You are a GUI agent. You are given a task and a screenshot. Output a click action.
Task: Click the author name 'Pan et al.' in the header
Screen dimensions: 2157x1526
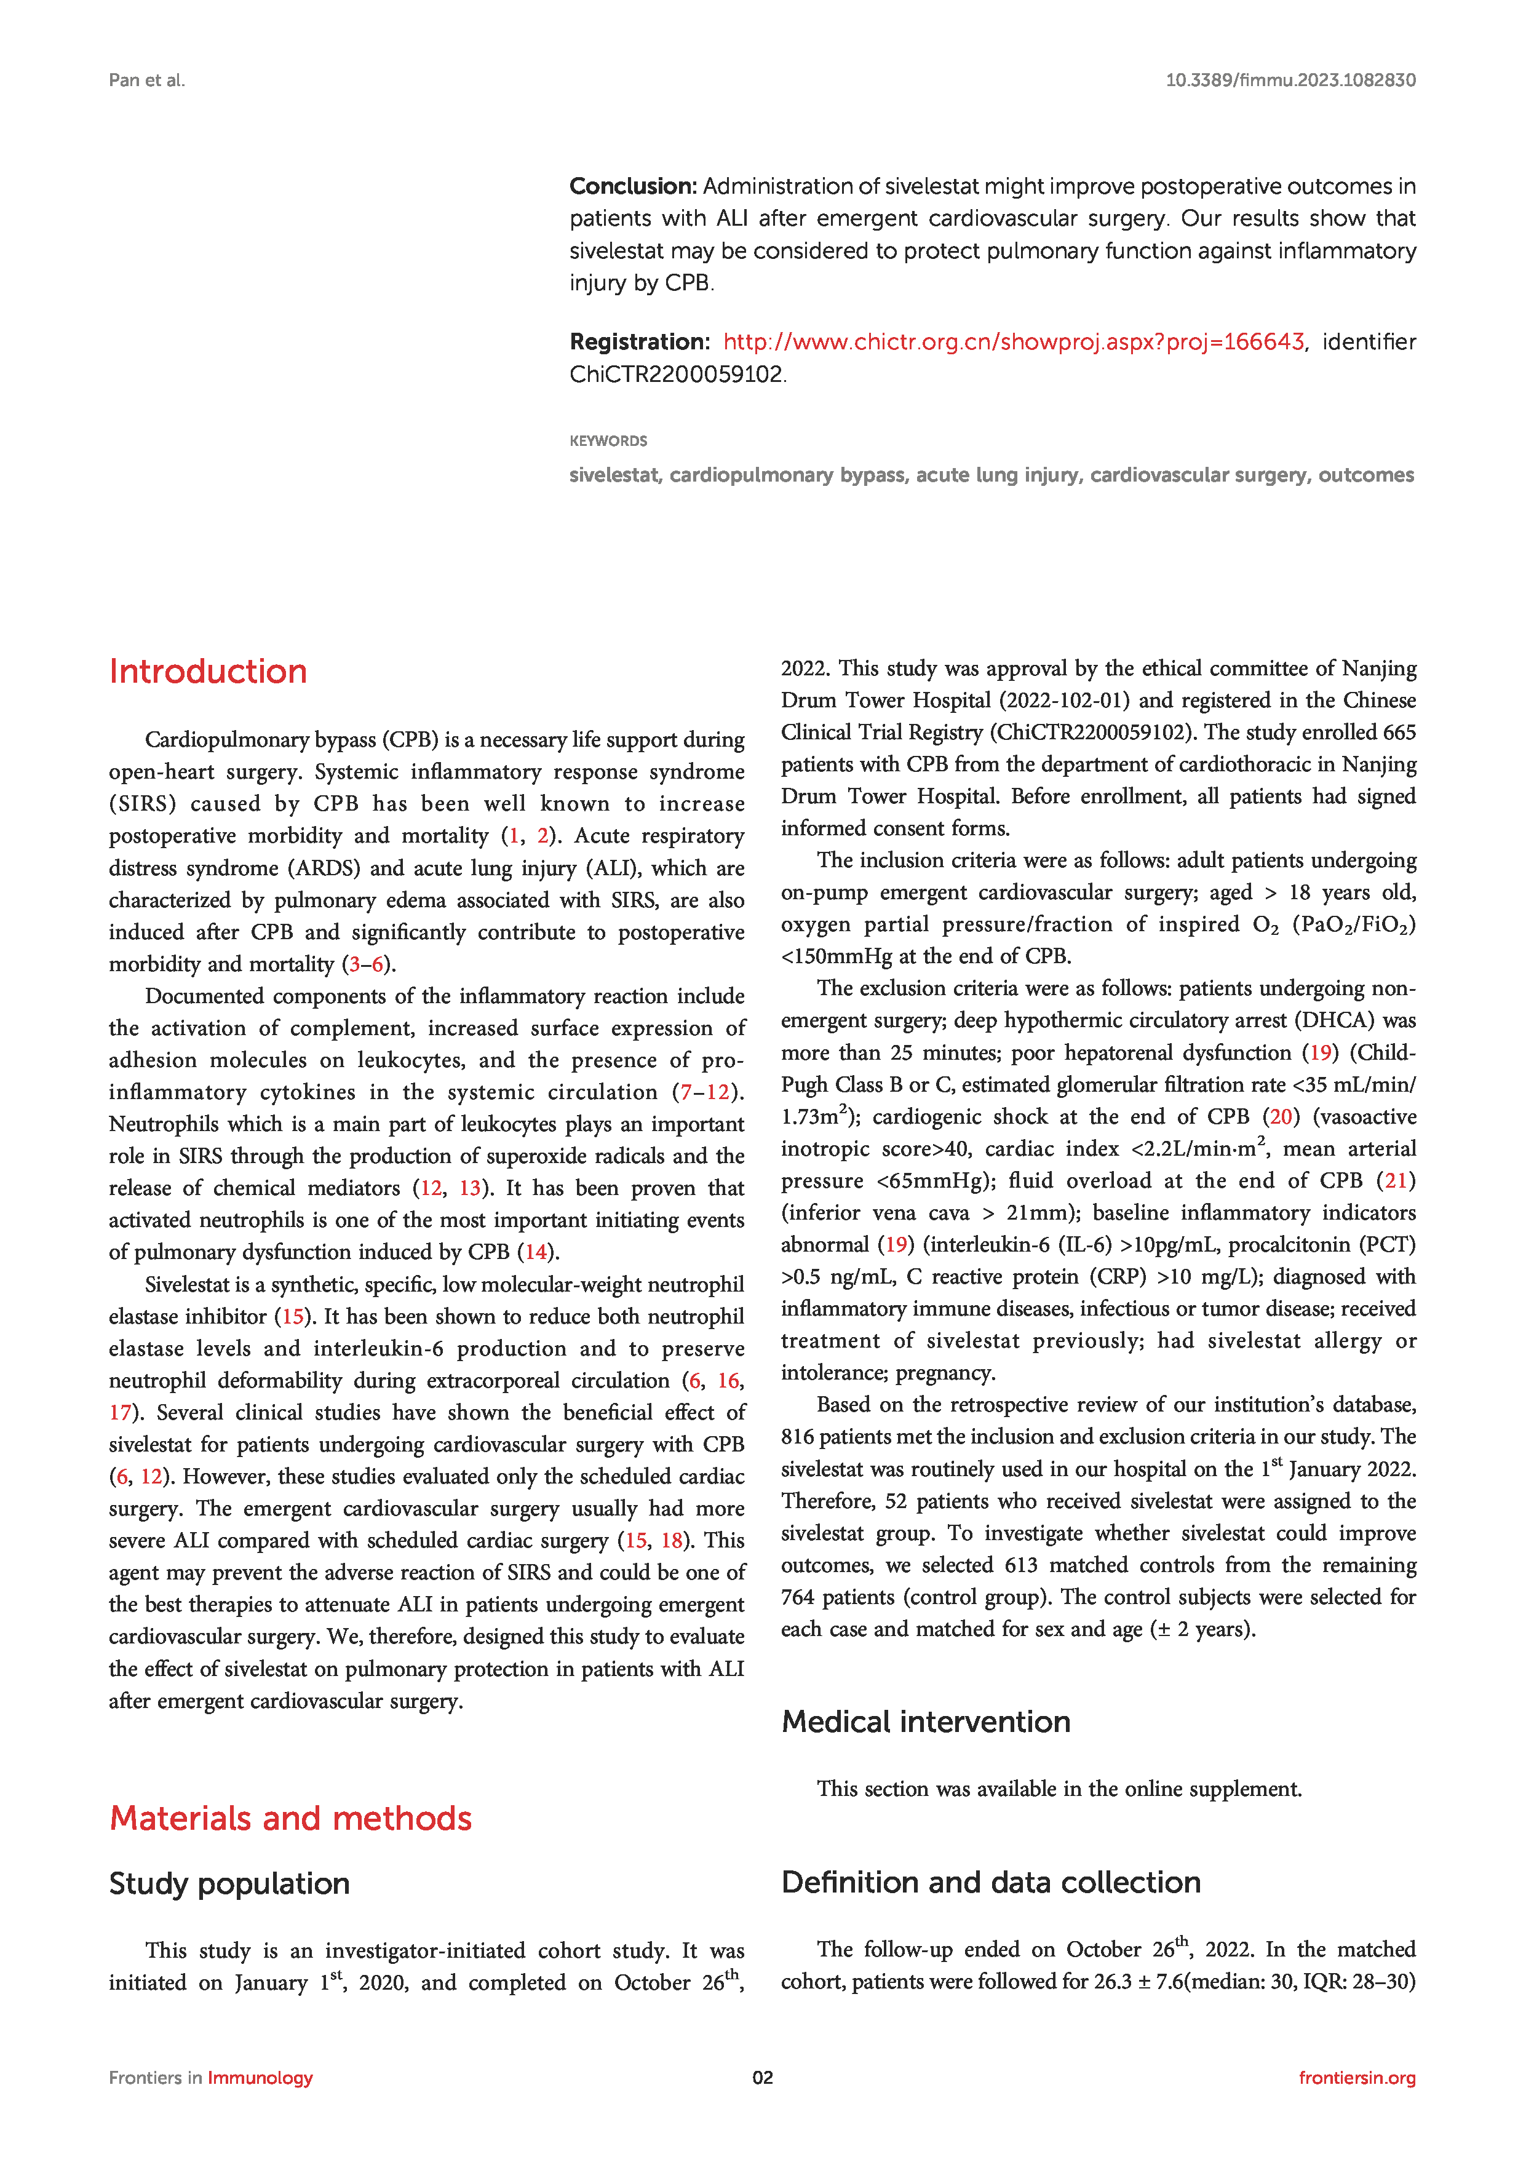[x=146, y=80]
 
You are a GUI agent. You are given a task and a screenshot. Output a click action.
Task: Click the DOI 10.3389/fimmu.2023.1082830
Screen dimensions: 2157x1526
[x=1290, y=80]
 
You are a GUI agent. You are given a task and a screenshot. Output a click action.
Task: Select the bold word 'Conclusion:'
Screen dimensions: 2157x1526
[x=632, y=186]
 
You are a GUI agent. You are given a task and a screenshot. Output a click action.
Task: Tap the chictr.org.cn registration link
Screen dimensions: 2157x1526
[x=1013, y=342]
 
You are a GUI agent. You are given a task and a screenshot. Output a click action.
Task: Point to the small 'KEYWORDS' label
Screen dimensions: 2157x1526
[x=608, y=440]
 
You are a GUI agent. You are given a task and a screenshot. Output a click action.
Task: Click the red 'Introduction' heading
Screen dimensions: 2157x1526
[x=208, y=671]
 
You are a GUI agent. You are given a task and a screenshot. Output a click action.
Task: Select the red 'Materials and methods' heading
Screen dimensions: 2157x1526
[x=290, y=1818]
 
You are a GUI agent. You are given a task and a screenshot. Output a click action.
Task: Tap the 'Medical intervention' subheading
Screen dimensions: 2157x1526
[x=926, y=1721]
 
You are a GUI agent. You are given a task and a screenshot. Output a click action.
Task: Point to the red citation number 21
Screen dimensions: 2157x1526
[x=1396, y=1180]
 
